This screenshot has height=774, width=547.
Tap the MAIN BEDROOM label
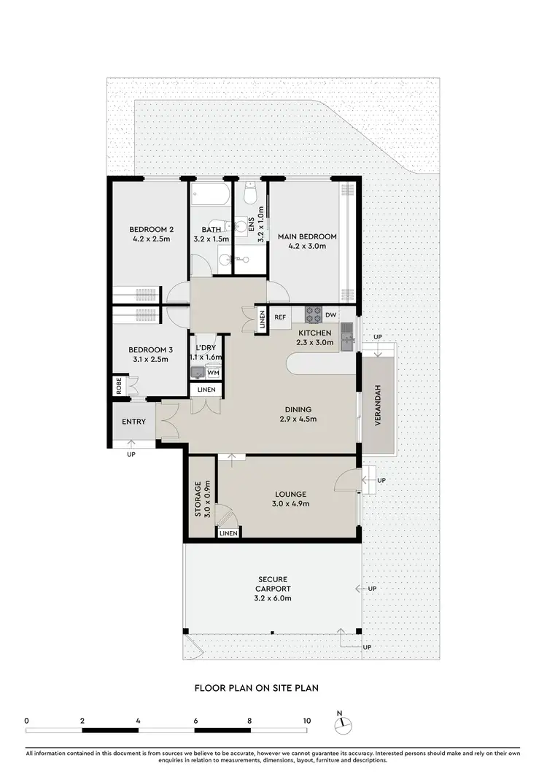(306, 236)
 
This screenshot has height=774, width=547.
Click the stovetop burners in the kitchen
(314, 314)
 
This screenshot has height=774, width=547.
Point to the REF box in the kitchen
(280, 317)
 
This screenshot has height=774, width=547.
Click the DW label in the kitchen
(330, 315)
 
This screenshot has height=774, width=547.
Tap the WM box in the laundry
(213, 373)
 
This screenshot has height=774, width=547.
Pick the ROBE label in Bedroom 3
(118, 386)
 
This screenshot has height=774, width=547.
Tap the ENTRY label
(134, 422)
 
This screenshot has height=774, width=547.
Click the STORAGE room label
(198, 499)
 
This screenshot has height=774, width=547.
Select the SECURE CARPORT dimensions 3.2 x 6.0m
(273, 599)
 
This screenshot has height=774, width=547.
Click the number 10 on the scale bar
(307, 720)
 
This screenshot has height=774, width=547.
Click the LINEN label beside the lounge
(228, 533)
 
